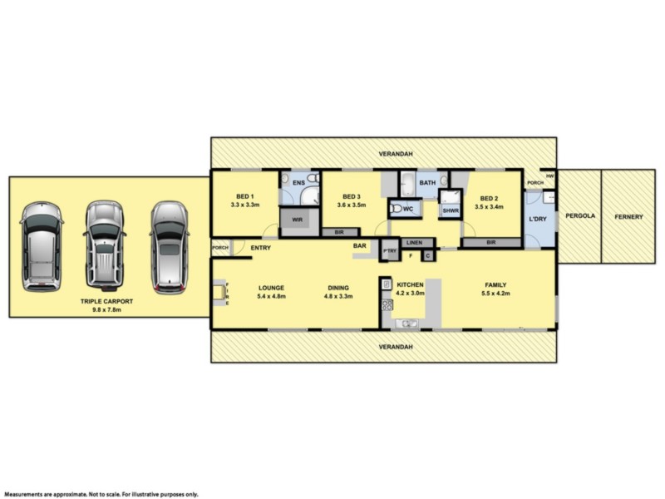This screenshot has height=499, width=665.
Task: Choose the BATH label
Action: pos(428,182)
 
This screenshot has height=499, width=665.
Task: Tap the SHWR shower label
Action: pos(451,211)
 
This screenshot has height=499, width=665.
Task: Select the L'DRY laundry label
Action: pos(539,219)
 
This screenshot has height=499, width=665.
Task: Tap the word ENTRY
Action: pos(260,247)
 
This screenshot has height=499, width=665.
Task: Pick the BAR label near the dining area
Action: pos(360,245)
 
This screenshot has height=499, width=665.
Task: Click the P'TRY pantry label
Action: pos(389,250)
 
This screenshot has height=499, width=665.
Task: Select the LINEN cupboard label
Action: pos(416,243)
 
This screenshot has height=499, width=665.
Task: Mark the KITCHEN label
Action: pos(409,284)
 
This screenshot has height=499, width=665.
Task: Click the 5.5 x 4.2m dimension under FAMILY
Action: pos(496,294)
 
